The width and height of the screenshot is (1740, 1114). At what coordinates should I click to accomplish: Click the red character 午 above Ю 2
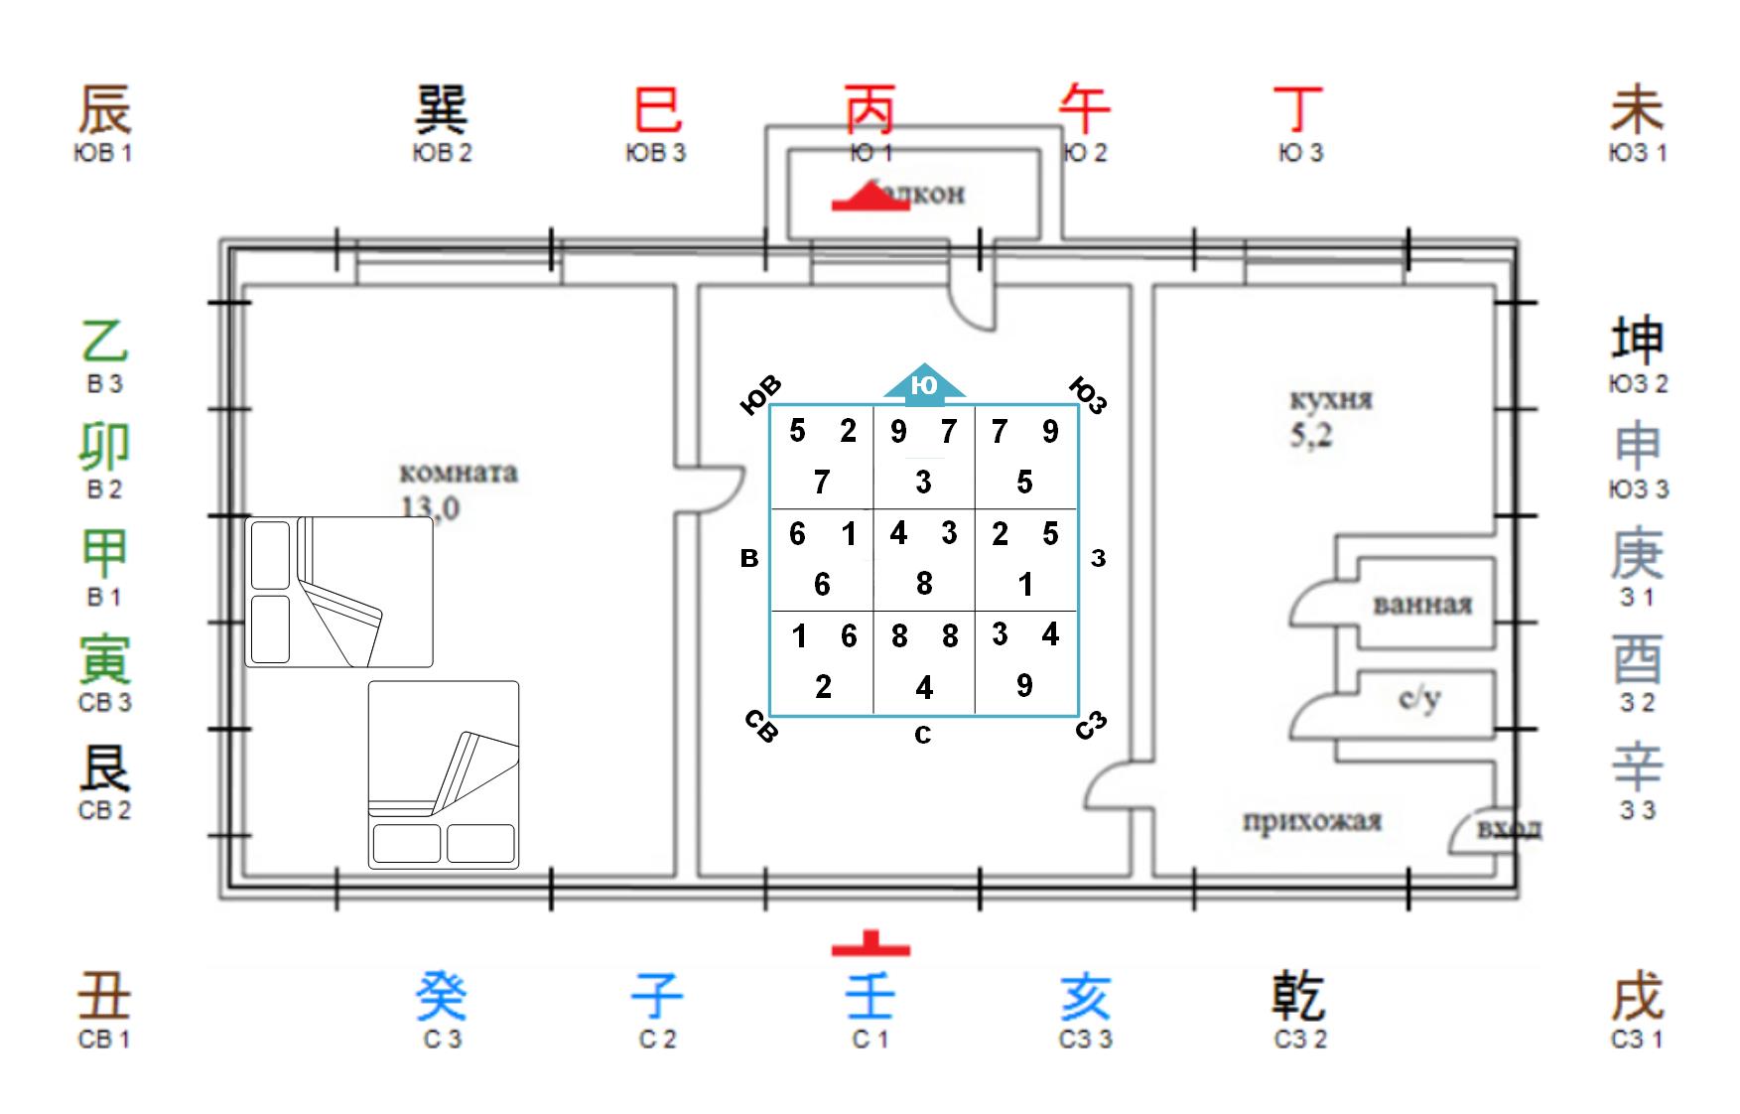point(1084,108)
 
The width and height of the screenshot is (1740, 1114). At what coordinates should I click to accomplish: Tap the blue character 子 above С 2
point(656,996)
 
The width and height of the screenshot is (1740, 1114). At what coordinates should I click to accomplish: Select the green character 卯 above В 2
point(104,447)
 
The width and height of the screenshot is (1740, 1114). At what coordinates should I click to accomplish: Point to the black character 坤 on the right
point(1637,341)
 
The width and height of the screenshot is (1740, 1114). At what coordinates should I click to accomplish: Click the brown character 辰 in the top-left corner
point(104,108)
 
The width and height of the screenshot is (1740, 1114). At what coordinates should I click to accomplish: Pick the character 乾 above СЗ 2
point(1298,996)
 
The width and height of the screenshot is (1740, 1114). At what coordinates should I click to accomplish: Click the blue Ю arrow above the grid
point(924,384)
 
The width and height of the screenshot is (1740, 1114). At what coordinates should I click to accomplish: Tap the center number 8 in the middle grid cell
point(924,584)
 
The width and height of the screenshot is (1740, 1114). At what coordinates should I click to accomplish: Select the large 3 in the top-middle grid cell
point(923,483)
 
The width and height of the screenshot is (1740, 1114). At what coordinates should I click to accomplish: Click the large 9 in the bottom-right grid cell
point(1024,685)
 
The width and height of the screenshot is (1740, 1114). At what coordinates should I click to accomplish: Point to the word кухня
point(1331,400)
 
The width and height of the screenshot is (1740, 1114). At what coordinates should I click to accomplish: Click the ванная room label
point(1422,604)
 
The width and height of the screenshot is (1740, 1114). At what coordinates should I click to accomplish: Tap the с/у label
point(1419,699)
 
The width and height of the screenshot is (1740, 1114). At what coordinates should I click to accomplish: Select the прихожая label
point(1311,821)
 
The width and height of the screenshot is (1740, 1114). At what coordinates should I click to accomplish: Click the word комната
point(458,472)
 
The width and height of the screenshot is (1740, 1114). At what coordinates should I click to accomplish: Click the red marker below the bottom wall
point(870,945)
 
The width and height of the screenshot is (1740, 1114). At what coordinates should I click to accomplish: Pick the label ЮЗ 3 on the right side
point(1638,489)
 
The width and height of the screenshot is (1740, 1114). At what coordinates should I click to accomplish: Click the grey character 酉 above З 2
point(1637,660)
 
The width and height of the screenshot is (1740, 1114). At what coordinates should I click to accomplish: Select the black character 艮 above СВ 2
point(104,768)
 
